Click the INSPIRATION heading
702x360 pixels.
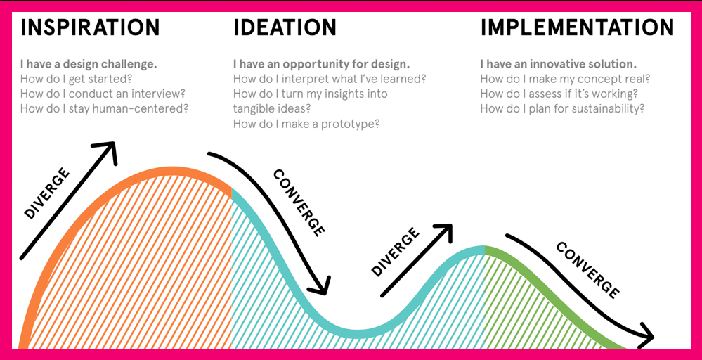(90, 27)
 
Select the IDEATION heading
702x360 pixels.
(285, 27)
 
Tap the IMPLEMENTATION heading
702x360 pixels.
(577, 27)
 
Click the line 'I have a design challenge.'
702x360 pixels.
(89, 64)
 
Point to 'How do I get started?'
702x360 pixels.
(76, 79)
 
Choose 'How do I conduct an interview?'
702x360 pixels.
(103, 94)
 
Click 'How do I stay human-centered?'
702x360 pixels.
(104, 109)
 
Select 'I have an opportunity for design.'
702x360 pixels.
(321, 64)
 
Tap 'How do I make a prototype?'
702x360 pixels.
(306, 124)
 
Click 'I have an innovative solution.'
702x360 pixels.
(558, 64)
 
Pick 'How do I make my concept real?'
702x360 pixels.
(565, 79)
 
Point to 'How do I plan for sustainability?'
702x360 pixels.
(562, 109)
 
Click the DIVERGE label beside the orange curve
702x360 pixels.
(47, 193)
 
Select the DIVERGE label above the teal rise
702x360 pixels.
(396, 252)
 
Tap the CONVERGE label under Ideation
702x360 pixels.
(299, 202)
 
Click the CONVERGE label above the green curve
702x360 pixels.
(588, 270)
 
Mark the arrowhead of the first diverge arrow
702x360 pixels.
(110, 149)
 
